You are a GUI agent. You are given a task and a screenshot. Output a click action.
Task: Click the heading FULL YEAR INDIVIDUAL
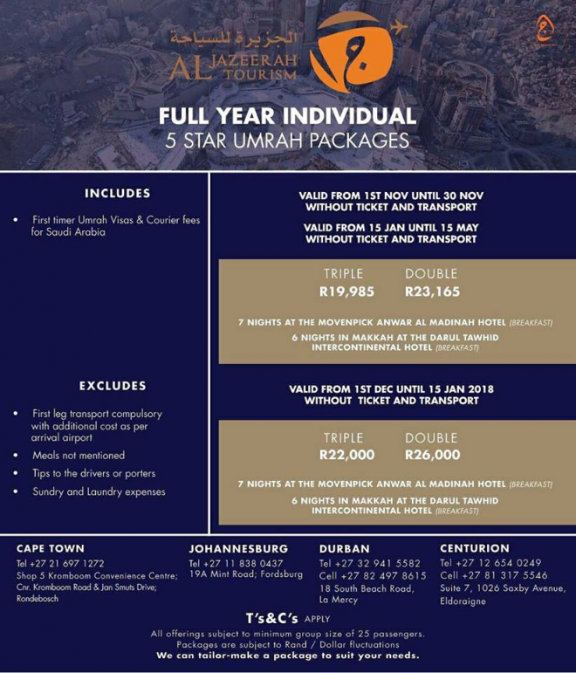click(287, 117)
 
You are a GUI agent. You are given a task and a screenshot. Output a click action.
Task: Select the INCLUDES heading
click(118, 193)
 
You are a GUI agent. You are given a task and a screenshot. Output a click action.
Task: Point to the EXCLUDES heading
click(113, 385)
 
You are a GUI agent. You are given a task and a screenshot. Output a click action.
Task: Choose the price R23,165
click(432, 292)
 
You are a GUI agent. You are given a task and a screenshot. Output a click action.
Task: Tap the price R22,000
click(346, 455)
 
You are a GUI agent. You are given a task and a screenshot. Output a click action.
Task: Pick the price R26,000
click(432, 455)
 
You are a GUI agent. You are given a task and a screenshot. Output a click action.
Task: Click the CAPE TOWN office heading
click(51, 548)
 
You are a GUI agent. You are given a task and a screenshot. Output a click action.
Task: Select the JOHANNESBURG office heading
click(238, 548)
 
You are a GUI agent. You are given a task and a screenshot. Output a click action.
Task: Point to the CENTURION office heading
click(474, 548)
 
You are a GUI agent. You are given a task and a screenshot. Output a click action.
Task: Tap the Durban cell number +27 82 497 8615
click(384, 575)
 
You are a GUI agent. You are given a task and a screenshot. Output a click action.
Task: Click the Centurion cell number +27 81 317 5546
click(505, 575)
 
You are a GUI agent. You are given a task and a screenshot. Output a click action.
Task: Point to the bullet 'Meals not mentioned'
click(79, 455)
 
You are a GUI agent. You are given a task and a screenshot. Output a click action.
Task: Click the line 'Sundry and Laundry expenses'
click(99, 491)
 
